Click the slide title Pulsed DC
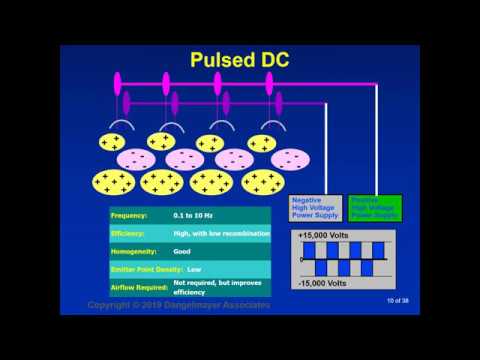240,60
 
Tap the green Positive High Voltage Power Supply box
374,207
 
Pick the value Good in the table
184,251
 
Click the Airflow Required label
141,287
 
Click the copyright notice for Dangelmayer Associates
178,304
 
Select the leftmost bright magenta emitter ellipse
118,82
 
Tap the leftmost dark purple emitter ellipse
127,102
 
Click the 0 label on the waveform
302,259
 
